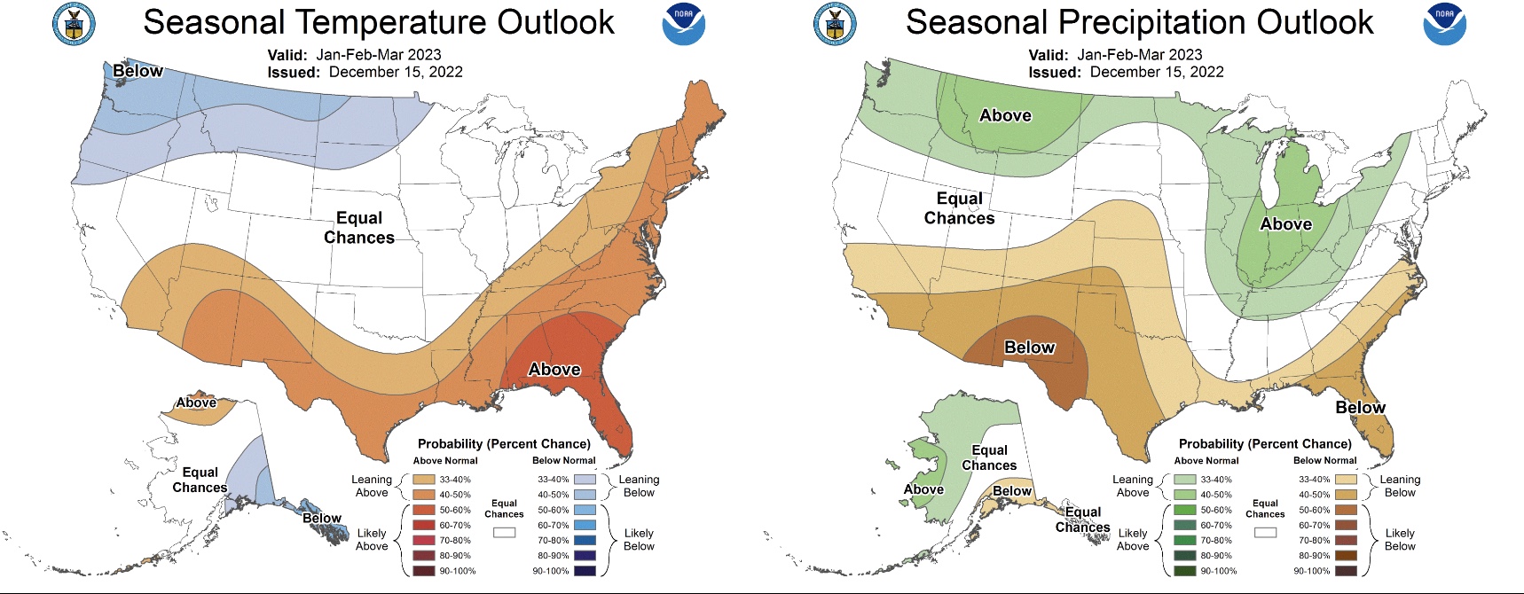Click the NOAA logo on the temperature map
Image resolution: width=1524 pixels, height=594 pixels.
(x=683, y=24)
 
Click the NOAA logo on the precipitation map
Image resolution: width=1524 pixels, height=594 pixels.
(x=1444, y=24)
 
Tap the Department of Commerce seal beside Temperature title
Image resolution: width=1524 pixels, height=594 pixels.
(x=74, y=24)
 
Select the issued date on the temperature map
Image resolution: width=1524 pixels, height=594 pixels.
(x=396, y=72)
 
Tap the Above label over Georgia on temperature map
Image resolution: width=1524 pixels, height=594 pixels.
(x=554, y=369)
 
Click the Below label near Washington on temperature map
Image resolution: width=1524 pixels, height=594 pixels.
(x=137, y=71)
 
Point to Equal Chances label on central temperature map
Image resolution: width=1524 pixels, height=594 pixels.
(x=359, y=228)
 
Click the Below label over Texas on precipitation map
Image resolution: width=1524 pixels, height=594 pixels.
(x=1029, y=348)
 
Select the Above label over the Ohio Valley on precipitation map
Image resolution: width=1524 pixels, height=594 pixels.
(x=1285, y=224)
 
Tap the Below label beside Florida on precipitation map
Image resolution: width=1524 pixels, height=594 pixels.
(x=1360, y=407)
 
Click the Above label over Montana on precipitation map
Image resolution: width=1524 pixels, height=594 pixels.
(x=1005, y=115)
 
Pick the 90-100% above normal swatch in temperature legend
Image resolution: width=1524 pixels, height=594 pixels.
(x=424, y=571)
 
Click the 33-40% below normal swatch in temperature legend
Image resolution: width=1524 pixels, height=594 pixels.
(x=585, y=480)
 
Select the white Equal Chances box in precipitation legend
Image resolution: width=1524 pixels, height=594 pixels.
(x=1265, y=533)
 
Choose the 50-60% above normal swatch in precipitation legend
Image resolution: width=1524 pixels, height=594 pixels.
(x=1185, y=510)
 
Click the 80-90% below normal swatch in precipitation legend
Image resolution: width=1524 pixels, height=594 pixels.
(x=1346, y=556)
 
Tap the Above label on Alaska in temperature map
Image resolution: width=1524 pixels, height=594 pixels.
(x=196, y=403)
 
